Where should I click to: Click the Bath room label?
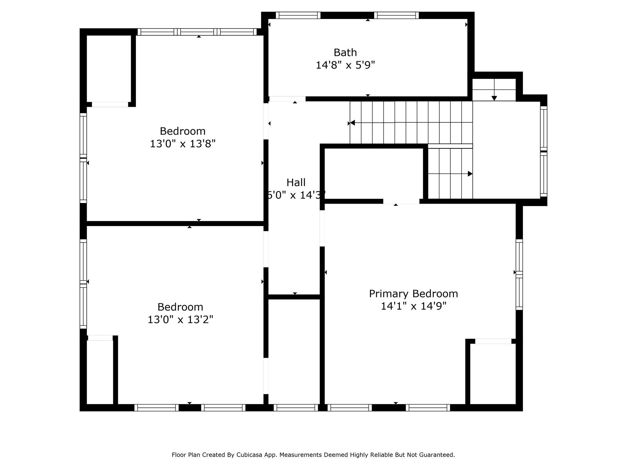(x=345, y=52)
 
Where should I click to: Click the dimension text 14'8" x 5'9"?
(x=345, y=65)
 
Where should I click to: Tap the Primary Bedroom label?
(x=413, y=293)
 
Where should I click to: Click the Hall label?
(x=296, y=182)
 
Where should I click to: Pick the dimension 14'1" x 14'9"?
(x=413, y=306)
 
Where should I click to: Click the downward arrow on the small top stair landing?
(x=494, y=98)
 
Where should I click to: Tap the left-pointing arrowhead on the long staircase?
(x=352, y=123)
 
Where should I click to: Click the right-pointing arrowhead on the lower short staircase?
(x=470, y=174)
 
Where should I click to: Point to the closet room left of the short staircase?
(x=374, y=174)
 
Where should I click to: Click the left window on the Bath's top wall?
(x=298, y=15)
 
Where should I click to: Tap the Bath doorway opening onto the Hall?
(x=287, y=99)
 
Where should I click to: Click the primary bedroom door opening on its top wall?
(x=401, y=201)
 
